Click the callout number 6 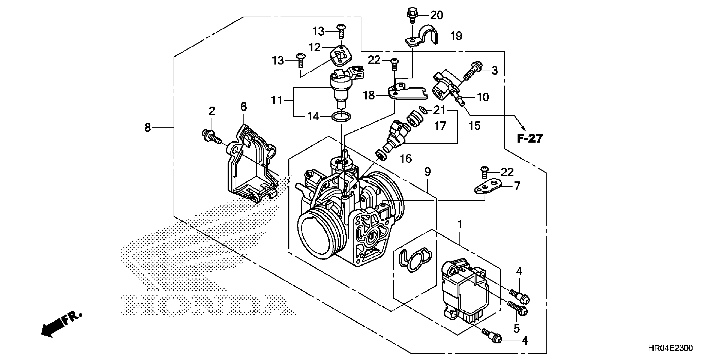pos(244,107)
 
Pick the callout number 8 pos(148,128)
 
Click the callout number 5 pos(516,329)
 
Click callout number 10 pos(483,97)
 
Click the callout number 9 pos(427,172)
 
